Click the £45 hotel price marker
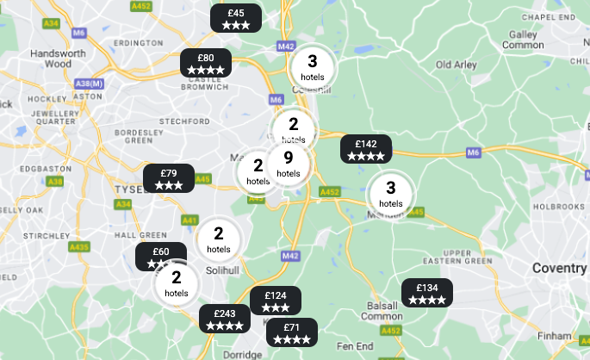pyautogui.click(x=236, y=18)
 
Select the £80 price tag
pyautogui.click(x=205, y=63)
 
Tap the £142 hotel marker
pyautogui.click(x=366, y=149)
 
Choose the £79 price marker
pyautogui.click(x=169, y=178)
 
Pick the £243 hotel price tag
pyautogui.click(x=225, y=319)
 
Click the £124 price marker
pyautogui.click(x=276, y=301)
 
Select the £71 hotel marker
pyautogui.click(x=291, y=332)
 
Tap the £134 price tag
pyautogui.click(x=427, y=293)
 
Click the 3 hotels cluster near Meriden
pyautogui.click(x=390, y=193)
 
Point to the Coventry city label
pyautogui.click(x=558, y=268)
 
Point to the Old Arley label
pyautogui.click(x=456, y=65)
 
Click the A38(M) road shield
pyautogui.click(x=89, y=84)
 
